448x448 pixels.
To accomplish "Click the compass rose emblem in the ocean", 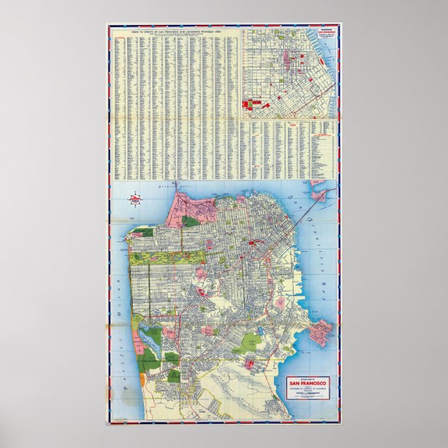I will (135, 200).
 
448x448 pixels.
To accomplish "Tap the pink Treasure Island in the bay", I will (319, 196).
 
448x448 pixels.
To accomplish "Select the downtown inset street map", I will (289, 73).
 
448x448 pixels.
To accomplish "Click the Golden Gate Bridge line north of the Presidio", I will (170, 198).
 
